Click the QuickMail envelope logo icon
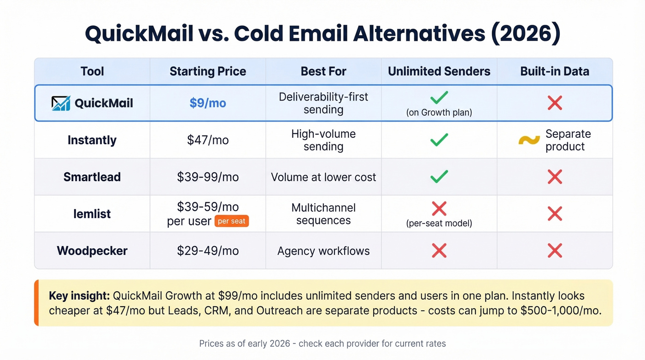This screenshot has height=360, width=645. (x=61, y=103)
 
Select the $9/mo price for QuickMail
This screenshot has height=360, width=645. (x=208, y=103)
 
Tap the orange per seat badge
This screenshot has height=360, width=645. (x=231, y=221)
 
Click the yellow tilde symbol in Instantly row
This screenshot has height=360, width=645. (x=529, y=140)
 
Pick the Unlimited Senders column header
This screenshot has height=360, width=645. (x=439, y=71)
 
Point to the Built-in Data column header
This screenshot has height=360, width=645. (x=555, y=71)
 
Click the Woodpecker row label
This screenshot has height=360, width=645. (x=92, y=251)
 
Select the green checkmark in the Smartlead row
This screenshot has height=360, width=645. (x=439, y=177)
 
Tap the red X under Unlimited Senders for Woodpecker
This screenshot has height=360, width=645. (x=439, y=251)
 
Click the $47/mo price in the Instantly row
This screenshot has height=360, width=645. (x=208, y=140)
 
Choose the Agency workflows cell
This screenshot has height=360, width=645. (x=323, y=251)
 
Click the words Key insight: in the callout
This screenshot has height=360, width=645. (x=79, y=296)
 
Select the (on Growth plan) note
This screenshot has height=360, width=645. (x=439, y=112)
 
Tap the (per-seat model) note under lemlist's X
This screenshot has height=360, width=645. (x=439, y=224)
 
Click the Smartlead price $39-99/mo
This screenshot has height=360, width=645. (x=208, y=177)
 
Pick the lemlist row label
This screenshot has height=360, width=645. (x=92, y=214)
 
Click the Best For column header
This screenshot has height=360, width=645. (x=323, y=71)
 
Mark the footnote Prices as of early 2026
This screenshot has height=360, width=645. (x=322, y=343)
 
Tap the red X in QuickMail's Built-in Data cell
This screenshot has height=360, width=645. (x=555, y=103)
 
